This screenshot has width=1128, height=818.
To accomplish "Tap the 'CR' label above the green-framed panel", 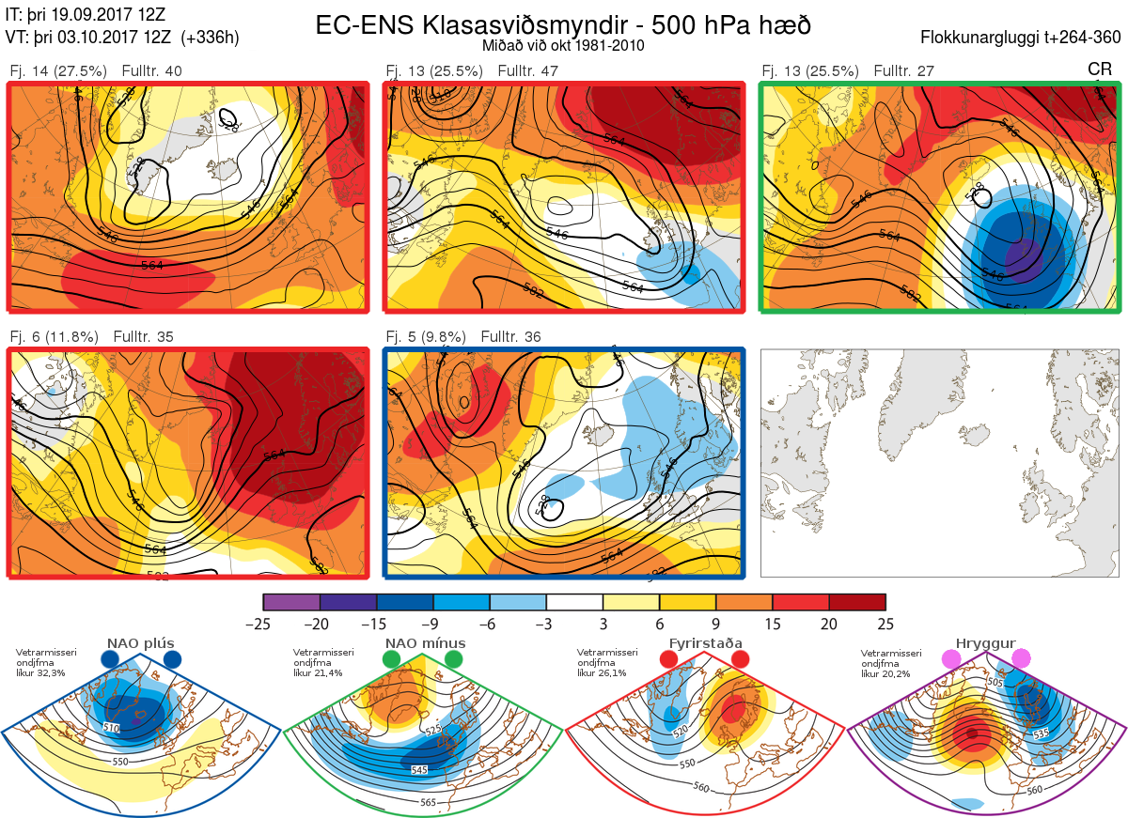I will [x=1099, y=69].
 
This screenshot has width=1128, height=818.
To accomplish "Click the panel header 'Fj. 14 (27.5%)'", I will [x=58, y=71].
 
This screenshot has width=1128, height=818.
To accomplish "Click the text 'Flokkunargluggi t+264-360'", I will [x=1024, y=38].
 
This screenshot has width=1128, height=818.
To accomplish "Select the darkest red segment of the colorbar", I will [x=857, y=602].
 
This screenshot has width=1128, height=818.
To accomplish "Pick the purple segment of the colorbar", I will [x=291, y=602].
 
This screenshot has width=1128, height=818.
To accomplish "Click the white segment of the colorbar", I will [x=574, y=602].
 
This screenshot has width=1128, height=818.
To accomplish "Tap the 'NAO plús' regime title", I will [x=140, y=643].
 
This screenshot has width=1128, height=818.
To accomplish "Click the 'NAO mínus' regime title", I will [x=425, y=643].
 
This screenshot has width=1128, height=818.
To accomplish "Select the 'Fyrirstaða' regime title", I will [x=706, y=643].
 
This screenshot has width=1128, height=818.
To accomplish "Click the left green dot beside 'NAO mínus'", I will [x=392, y=660].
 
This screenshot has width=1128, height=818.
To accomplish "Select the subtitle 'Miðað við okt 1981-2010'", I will [x=562, y=45].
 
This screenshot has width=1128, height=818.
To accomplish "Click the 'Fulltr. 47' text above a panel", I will [x=540, y=71].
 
